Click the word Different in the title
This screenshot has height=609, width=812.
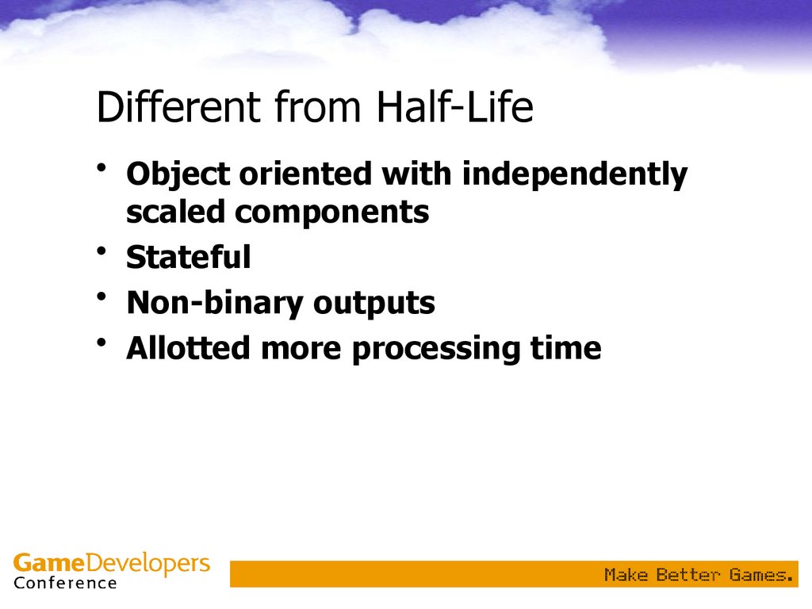[x=178, y=106]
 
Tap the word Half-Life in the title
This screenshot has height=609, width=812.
[x=454, y=106]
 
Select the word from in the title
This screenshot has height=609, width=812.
[x=317, y=106]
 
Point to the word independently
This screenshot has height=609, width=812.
[x=575, y=174]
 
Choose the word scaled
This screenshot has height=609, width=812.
[x=175, y=212]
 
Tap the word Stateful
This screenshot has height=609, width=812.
[x=189, y=256]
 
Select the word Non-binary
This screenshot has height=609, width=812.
[x=214, y=303]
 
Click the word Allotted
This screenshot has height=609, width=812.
[x=189, y=347]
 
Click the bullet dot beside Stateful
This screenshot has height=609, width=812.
[x=101, y=251]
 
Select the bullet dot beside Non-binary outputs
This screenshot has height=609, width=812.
[x=101, y=297]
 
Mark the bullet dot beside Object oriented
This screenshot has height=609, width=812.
[x=101, y=168]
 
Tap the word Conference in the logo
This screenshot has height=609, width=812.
[x=65, y=583]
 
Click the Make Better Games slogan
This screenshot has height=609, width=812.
[x=699, y=575]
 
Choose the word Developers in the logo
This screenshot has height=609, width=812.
[x=147, y=564]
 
